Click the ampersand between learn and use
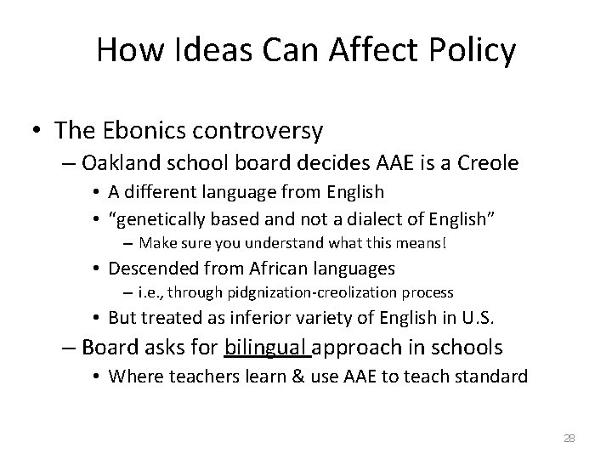point(297,375)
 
